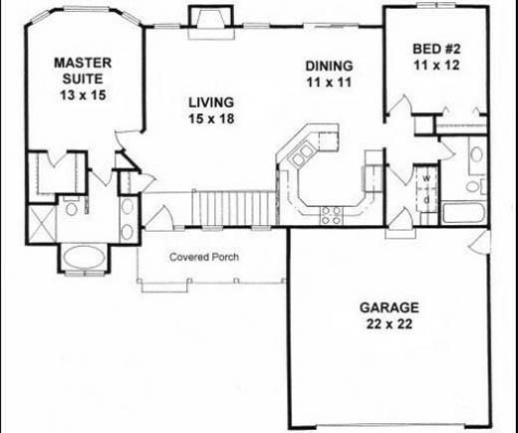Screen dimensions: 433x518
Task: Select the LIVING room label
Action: click(210, 102)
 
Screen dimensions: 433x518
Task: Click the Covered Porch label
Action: click(204, 256)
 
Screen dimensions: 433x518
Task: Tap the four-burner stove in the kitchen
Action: click(330, 210)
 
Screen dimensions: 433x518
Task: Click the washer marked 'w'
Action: click(425, 180)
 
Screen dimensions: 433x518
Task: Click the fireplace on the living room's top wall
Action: click(211, 20)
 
